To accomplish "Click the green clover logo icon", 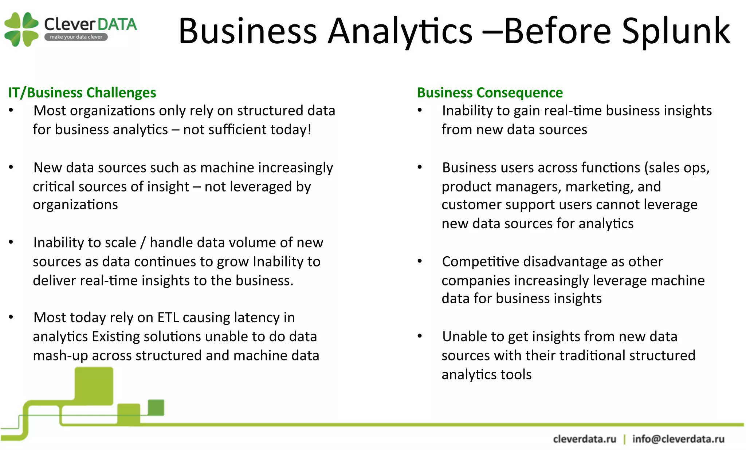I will [21, 29].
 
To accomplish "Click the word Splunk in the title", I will [676, 31].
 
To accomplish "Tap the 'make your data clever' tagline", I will [76, 37].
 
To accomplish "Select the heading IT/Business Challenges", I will [82, 92].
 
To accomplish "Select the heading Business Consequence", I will [490, 92].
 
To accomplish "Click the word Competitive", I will [480, 261].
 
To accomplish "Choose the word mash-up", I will [60, 356].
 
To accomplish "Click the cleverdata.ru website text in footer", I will [584, 439].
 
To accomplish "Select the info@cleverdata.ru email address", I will [678, 439].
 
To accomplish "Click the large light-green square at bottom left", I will [94, 386].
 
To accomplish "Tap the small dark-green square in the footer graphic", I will [156, 407].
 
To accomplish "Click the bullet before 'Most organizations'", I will [11, 110].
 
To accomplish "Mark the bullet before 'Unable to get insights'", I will [420, 336].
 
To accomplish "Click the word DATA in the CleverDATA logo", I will [117, 24].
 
